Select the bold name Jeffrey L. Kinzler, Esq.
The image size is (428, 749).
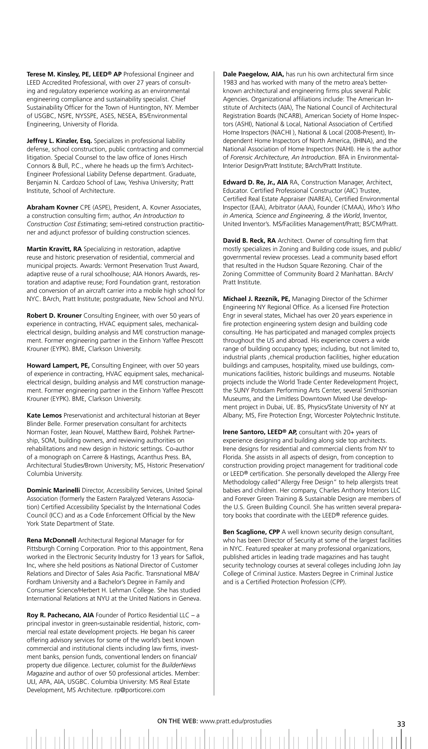[59, 141]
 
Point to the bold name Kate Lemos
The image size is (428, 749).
[44, 415]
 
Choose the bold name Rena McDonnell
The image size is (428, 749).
[51, 540]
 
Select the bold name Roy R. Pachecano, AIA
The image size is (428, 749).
[60, 615]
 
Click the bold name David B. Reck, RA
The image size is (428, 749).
[249, 241]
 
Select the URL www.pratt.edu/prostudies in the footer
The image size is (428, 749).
[236, 721]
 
